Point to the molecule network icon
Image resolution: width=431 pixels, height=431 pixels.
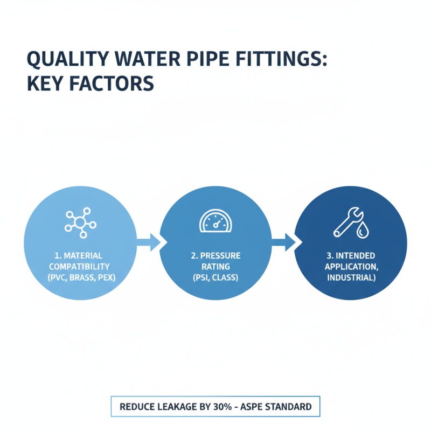pyautogui.click(x=80, y=223)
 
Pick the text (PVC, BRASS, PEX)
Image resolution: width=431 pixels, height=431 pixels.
pyautogui.click(x=79, y=277)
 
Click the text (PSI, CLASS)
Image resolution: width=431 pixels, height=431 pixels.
pyautogui.click(x=215, y=277)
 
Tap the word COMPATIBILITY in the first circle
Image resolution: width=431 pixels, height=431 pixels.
pyautogui.click(x=79, y=266)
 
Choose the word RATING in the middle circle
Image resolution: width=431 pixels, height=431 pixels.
pyautogui.click(x=215, y=266)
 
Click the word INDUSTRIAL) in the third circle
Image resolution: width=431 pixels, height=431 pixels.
pyautogui.click(x=350, y=277)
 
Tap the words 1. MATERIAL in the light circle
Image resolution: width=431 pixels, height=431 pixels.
pyautogui.click(x=79, y=255)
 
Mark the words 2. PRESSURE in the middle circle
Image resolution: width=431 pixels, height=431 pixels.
pyautogui.click(x=215, y=255)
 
